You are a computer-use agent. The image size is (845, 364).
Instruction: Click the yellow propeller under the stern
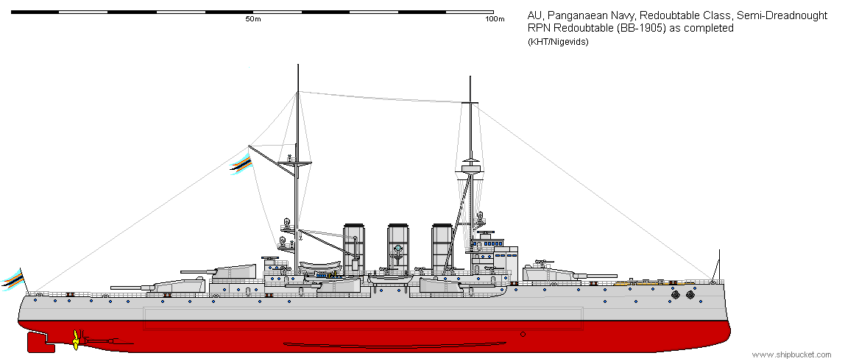click(x=75, y=340)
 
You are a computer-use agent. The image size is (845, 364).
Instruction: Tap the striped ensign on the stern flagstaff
click(x=14, y=279)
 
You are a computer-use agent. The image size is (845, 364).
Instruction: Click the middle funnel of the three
click(x=398, y=246)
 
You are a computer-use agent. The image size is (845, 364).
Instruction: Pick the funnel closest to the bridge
click(x=442, y=246)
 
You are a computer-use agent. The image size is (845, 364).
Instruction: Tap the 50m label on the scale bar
click(x=253, y=20)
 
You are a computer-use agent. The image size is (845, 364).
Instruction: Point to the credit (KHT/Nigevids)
click(x=558, y=41)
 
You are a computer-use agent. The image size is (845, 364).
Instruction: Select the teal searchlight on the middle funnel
click(x=397, y=249)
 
